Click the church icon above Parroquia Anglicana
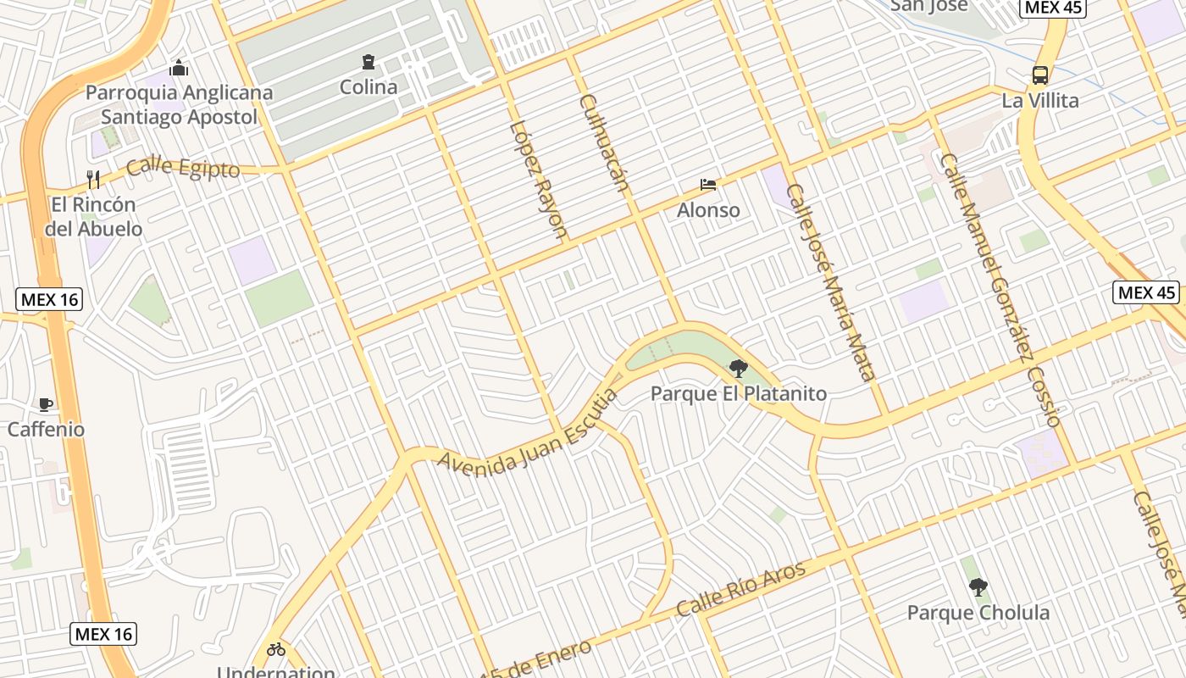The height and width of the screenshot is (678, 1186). click(x=179, y=68)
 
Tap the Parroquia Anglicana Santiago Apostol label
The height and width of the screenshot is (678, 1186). click(x=180, y=104)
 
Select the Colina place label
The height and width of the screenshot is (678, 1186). click(x=369, y=86)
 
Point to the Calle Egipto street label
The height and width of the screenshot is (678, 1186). click(x=183, y=167)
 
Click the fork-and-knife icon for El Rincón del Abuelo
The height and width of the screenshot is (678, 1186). click(x=93, y=179)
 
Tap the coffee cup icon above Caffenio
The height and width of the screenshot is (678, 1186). click(x=46, y=404)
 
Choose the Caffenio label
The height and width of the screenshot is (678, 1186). click(x=47, y=429)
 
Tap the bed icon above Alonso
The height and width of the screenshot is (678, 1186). click(x=708, y=185)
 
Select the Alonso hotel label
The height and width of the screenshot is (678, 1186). click(x=708, y=209)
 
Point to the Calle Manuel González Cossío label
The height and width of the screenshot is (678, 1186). click(x=1000, y=289)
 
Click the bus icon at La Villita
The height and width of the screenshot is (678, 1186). click(x=1040, y=75)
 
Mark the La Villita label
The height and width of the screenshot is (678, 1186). click(x=1040, y=100)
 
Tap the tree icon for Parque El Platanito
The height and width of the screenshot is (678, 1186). click(x=739, y=368)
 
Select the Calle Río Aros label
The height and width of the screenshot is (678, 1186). click(x=740, y=588)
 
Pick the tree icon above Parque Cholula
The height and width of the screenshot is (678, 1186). click(x=978, y=586)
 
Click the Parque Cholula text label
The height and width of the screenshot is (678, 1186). click(x=978, y=612)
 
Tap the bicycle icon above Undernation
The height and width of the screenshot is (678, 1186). click(x=276, y=650)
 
